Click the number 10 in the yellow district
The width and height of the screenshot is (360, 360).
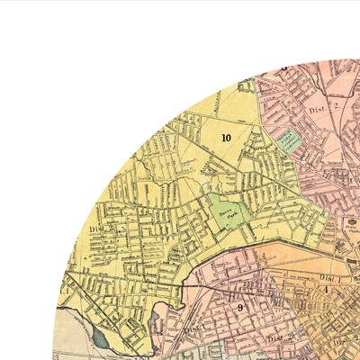(x=225, y=138)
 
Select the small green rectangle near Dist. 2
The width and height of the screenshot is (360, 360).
(x=287, y=139)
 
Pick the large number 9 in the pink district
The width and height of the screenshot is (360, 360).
(x=240, y=307)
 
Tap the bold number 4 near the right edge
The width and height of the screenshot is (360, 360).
(x=326, y=290)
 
